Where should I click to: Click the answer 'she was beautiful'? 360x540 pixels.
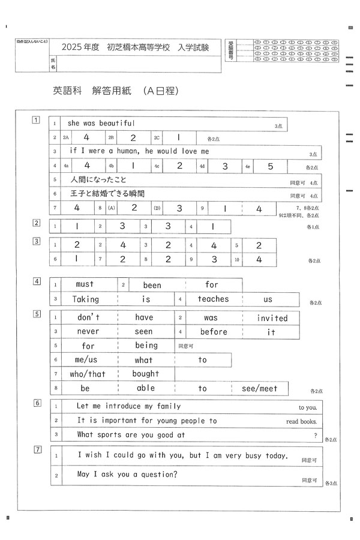pyautogui.click(x=101, y=124)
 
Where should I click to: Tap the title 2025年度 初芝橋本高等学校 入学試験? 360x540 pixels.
pyautogui.click(x=135, y=47)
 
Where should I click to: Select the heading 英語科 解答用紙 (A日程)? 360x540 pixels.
pyautogui.click(x=116, y=91)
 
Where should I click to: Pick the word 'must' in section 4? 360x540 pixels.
pyautogui.click(x=85, y=284)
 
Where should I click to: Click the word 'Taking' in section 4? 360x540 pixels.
pyautogui.click(x=85, y=299)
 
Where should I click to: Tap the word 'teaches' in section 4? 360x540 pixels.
pyautogui.click(x=213, y=299)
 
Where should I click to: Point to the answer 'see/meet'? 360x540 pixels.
pyautogui.click(x=259, y=388)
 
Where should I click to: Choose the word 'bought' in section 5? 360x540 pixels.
pyautogui.click(x=146, y=374)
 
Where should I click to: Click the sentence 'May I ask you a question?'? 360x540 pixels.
pyautogui.click(x=127, y=475)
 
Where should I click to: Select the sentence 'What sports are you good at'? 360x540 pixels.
pyautogui.click(x=131, y=434)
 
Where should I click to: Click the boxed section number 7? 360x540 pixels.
pyautogui.click(x=37, y=449)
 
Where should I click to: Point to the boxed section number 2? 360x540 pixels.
pyautogui.click(x=37, y=223)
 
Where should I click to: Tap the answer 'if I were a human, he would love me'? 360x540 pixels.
pyautogui.click(x=139, y=151)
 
